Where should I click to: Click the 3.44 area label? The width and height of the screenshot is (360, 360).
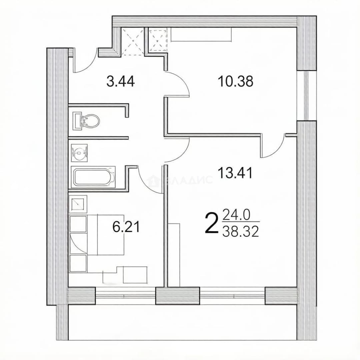pos(120,82)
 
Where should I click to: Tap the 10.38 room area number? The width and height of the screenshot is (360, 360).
pos(236,81)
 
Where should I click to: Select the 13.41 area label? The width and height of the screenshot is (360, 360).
pos(235,173)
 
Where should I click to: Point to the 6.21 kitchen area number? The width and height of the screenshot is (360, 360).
pos(126,227)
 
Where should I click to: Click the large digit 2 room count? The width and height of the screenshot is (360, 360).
pos(211,223)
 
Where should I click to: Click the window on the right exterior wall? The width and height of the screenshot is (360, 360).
pos(307,96)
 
